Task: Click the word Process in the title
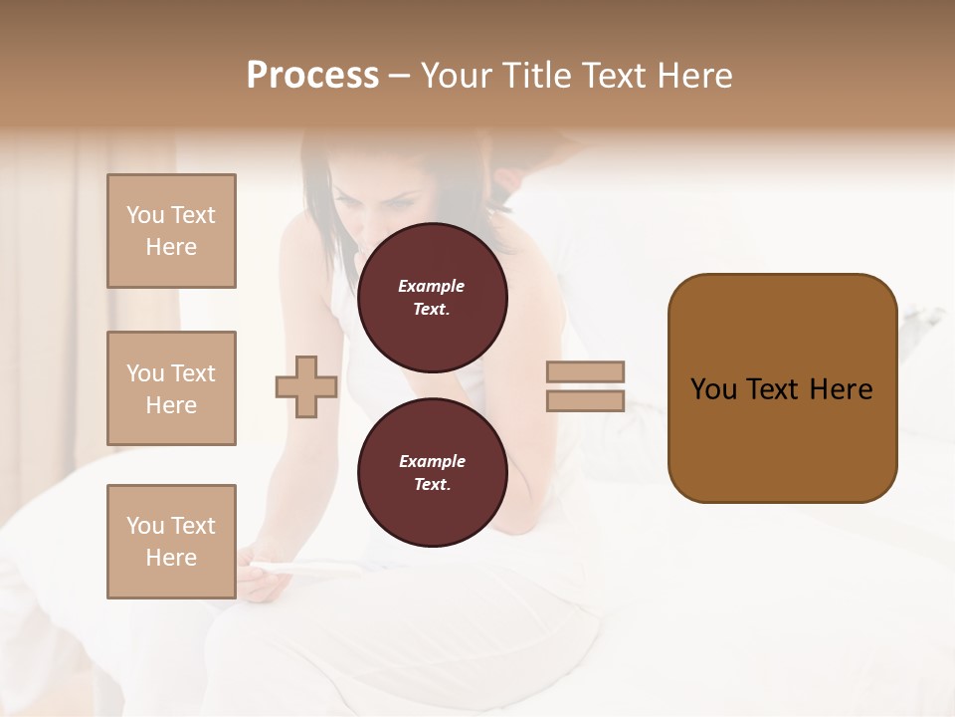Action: [x=312, y=76]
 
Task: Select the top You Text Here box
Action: [x=171, y=231]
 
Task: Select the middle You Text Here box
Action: [x=171, y=388]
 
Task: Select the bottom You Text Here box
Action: [x=171, y=542]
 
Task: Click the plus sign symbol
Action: [x=305, y=386]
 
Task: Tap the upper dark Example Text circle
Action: [x=432, y=298]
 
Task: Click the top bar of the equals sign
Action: [x=585, y=371]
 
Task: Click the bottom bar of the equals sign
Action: [x=585, y=400]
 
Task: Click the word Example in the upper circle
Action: [x=432, y=286]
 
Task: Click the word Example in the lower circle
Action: [x=432, y=461]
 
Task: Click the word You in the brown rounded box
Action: [x=713, y=389]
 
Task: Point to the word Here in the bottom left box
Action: [x=171, y=558]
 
